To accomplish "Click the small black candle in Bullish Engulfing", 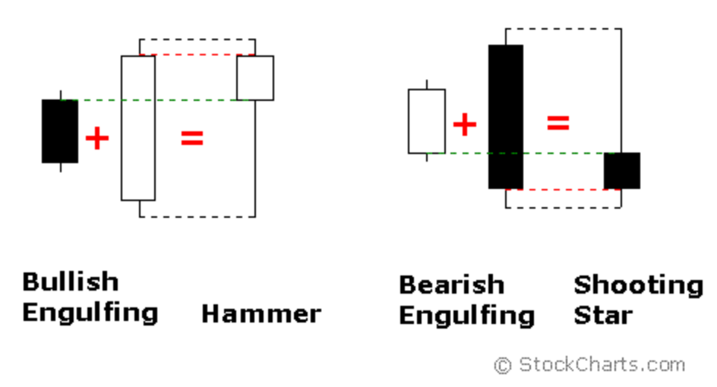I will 59,131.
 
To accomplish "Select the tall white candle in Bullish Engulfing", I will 138,127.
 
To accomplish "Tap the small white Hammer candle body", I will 254,77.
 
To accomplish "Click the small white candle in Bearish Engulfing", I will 426,121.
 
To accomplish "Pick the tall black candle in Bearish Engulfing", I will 506,116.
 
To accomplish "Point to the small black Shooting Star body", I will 622,171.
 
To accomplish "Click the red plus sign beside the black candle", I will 97,138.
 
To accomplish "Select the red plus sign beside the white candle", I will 464,124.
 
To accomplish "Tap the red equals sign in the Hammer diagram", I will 192,138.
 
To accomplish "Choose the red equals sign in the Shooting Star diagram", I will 558,123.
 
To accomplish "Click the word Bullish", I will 70,282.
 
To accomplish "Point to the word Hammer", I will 261,313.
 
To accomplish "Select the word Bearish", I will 451,285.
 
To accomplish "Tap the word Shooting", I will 638,285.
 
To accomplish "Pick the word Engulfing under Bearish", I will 466,316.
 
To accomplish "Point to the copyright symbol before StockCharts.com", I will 503,366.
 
